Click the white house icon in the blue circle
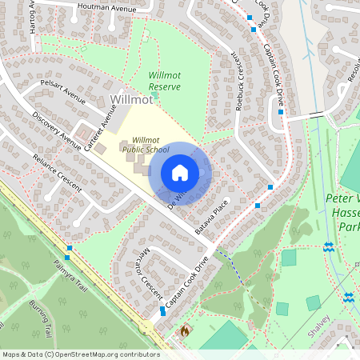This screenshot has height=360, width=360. point(180,173)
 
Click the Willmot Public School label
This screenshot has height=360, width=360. point(151,144)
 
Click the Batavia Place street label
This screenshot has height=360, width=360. point(211,214)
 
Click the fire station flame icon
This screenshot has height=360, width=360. point(185,329)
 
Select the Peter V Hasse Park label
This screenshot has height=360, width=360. point(344,212)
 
